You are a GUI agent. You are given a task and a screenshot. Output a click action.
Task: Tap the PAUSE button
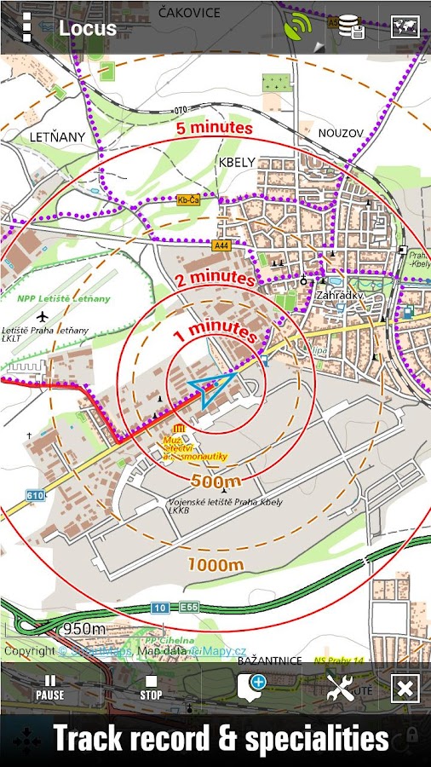coord(49,687)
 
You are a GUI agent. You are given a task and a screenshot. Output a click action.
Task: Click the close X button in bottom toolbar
coord(405,688)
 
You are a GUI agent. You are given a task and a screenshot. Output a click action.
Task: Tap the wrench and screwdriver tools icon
coord(341,688)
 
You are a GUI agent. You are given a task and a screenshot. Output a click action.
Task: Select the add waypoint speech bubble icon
coord(251,687)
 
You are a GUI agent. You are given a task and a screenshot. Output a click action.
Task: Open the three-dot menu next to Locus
coord(26,27)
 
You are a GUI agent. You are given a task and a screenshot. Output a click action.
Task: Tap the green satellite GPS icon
coord(298,28)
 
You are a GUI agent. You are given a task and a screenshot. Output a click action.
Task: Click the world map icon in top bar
coord(405,27)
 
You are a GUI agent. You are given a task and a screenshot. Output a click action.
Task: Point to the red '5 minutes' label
coord(215,129)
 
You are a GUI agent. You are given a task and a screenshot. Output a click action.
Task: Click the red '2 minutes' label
coord(215,279)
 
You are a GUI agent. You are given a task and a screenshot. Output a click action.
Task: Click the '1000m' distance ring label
coord(216,564)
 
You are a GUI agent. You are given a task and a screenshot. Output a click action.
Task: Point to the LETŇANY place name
coord(57,136)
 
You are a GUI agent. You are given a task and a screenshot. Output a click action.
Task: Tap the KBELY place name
coord(237,162)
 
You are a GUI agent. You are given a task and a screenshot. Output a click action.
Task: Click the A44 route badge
coord(221,245)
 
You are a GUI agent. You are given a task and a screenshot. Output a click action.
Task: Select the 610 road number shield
coord(35,495)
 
